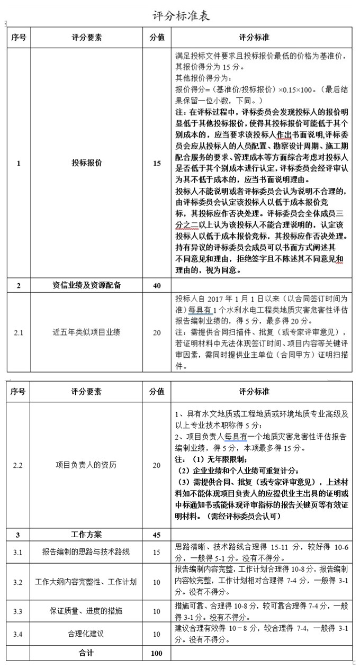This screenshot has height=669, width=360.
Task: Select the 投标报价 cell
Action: (87, 164)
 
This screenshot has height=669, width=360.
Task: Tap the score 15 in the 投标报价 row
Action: (157, 164)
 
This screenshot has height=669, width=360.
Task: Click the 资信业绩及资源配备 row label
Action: (87, 285)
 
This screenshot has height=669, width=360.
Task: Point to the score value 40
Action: (157, 286)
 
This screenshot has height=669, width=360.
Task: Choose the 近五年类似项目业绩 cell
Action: (87, 332)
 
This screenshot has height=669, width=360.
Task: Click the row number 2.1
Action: (19, 332)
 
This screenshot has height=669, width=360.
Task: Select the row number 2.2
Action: (19, 465)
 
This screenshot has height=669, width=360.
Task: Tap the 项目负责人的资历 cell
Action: (86, 465)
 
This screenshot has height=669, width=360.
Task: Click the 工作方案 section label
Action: (86, 535)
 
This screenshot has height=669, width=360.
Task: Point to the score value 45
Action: (157, 535)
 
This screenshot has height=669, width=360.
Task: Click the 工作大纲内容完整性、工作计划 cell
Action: (86, 582)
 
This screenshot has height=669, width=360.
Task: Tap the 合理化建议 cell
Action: (86, 634)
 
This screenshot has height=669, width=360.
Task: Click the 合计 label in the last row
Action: (86, 653)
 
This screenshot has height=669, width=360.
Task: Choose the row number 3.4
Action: (19, 634)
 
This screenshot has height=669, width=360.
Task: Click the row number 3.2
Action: (19, 582)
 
